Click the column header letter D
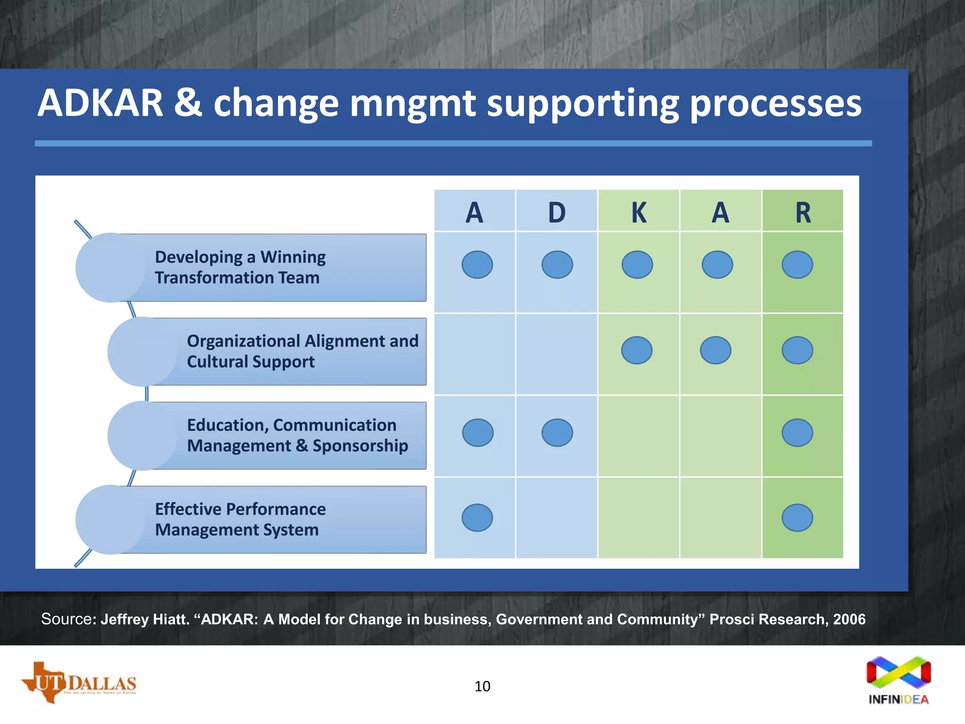(556, 213)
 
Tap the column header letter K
(638, 213)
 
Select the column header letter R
(803, 213)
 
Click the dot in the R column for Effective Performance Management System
(797, 518)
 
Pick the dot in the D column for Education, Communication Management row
(557, 433)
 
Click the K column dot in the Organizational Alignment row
(637, 350)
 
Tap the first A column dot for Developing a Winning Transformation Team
(477, 264)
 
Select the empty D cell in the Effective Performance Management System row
(556, 518)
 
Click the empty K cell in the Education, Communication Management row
(638, 436)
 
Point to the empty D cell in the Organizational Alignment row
(556, 354)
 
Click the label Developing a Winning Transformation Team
(240, 267)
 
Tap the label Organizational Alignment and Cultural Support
(302, 351)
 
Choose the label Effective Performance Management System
(240, 519)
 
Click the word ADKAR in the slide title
(100, 103)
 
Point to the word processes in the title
(776, 104)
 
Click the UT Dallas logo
(79, 683)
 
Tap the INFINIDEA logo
(899, 680)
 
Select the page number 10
(482, 686)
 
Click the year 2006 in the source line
(849, 619)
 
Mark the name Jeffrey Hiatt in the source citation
(145, 619)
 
